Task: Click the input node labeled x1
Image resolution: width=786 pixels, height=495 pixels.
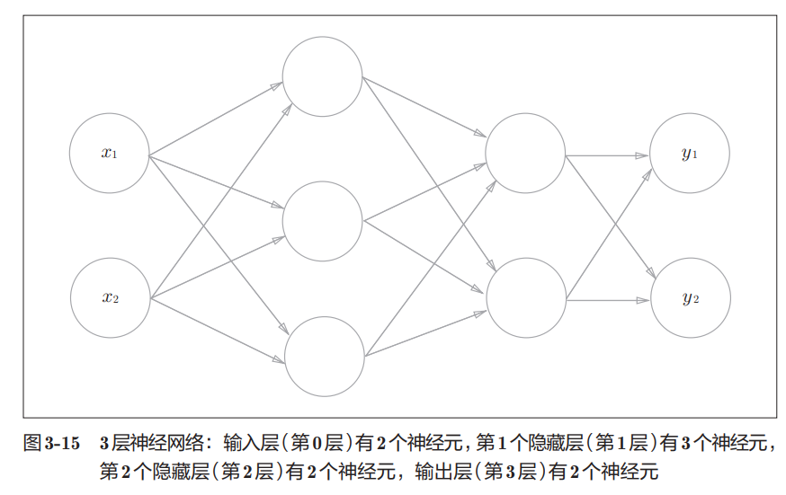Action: point(110,154)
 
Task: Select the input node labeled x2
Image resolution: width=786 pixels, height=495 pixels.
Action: point(110,298)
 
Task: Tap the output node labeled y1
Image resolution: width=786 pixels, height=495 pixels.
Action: point(690,154)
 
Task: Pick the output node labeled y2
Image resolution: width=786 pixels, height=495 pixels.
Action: point(690,298)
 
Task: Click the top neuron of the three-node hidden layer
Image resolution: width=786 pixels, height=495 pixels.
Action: point(322,77)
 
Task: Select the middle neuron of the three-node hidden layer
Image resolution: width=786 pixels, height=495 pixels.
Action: point(322,221)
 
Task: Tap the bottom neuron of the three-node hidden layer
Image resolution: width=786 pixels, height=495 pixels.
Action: point(322,357)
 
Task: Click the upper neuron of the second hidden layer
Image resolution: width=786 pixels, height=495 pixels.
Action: point(525,154)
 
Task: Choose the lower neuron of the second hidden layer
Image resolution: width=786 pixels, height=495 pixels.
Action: point(525,298)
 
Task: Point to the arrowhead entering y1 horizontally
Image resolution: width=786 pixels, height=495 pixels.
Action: point(642,155)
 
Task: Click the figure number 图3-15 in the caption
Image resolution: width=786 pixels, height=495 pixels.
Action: point(50,443)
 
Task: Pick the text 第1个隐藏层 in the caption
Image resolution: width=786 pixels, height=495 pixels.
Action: point(523,443)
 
